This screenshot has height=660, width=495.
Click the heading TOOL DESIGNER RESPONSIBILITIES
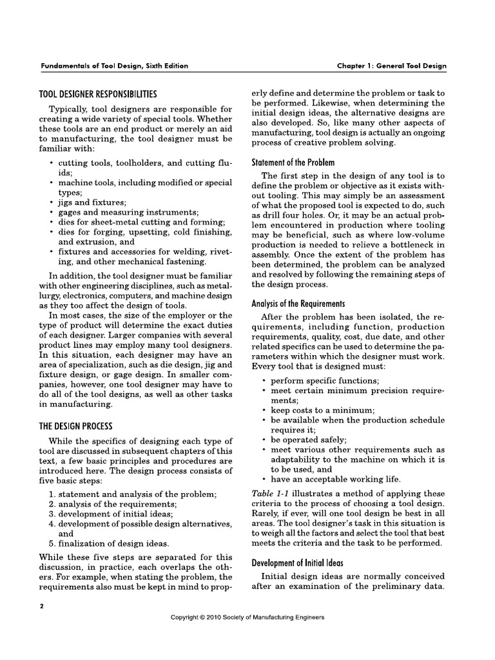(x=98, y=94)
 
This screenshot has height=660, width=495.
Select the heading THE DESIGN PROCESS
(x=76, y=426)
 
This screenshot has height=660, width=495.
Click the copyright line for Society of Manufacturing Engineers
(x=247, y=617)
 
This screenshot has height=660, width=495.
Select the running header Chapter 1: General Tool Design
(x=391, y=66)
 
